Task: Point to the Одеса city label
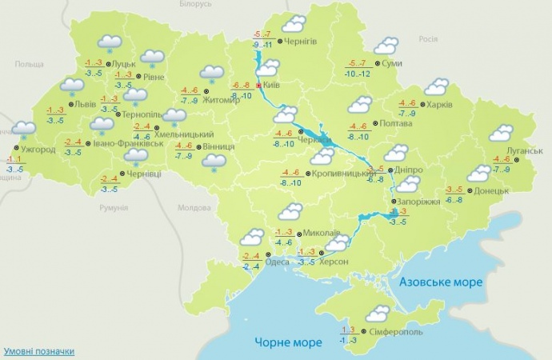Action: (x=277, y=262)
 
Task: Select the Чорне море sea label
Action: (x=285, y=342)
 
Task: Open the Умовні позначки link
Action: (x=39, y=350)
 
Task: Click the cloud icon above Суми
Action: (x=387, y=46)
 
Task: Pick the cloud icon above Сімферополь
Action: (x=376, y=313)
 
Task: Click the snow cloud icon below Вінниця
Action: (x=214, y=162)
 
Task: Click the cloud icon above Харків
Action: (x=436, y=86)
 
